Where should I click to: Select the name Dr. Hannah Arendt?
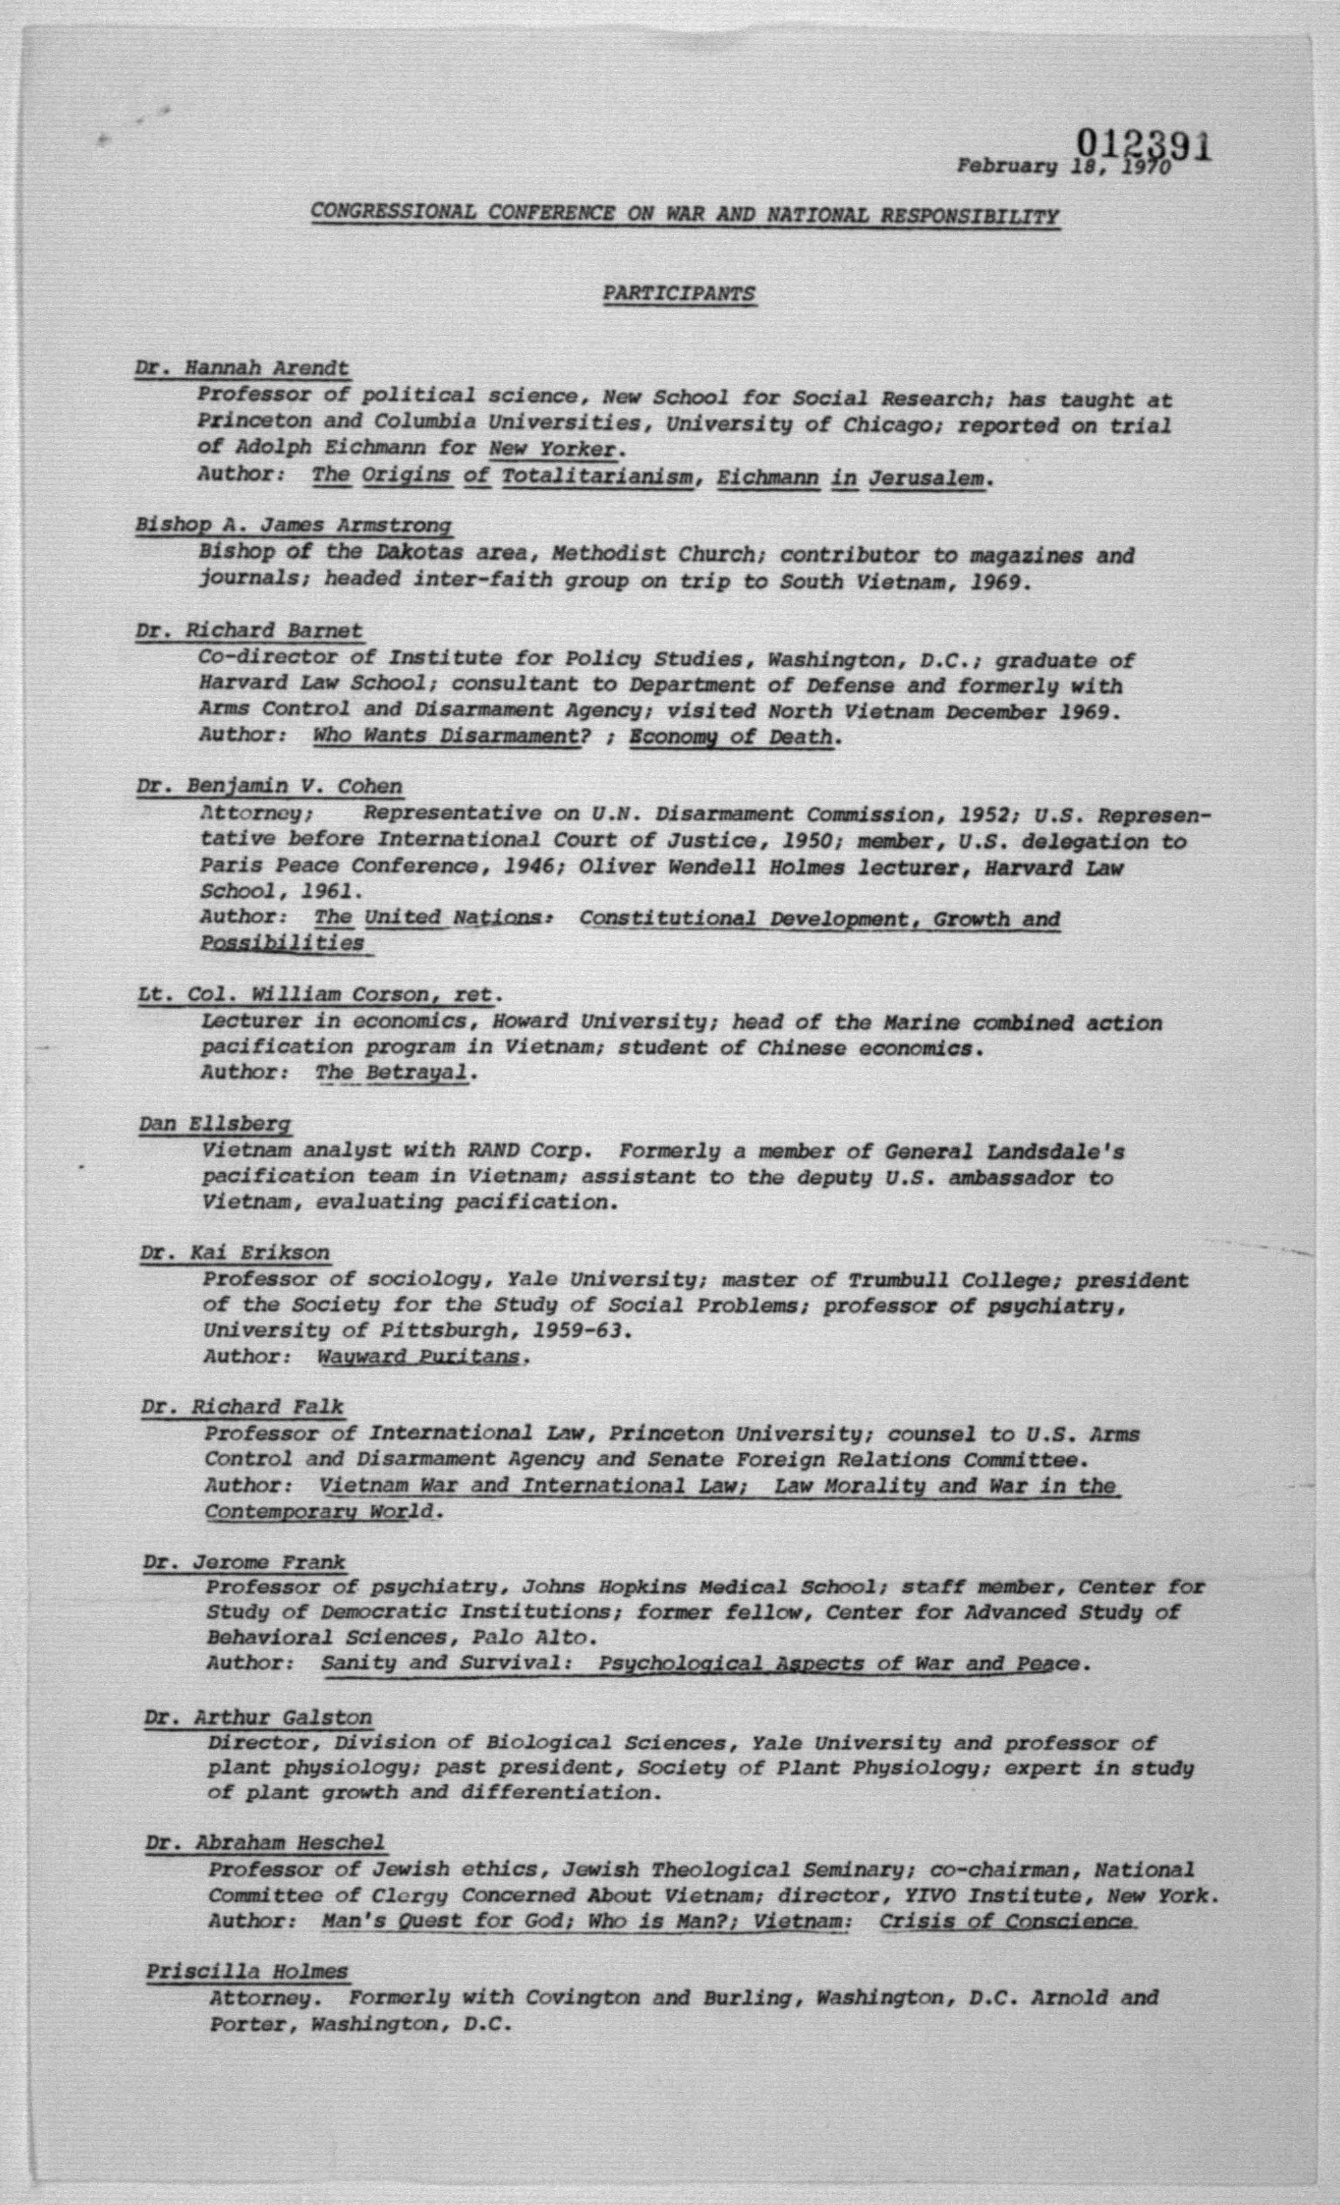click(242, 368)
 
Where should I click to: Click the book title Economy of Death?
click(731, 737)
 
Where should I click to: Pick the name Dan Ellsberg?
click(215, 1124)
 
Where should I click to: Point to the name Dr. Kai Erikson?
click(234, 1253)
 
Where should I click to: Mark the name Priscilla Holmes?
click(247, 1972)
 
